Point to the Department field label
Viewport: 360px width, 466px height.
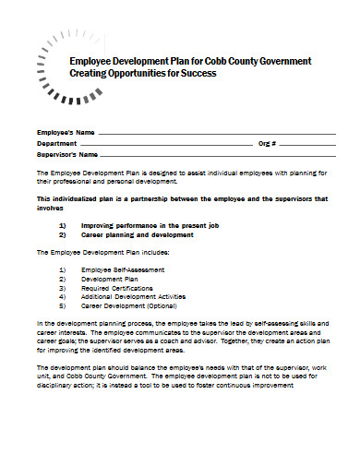coord(57,145)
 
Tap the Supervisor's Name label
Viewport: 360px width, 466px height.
coord(67,155)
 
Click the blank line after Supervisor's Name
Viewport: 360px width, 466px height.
coord(222,156)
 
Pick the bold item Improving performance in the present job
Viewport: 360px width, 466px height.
coord(148,225)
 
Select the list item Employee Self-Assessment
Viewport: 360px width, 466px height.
coord(123,269)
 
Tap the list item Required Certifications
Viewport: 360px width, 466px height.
coord(119,287)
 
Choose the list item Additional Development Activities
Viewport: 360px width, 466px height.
coord(134,296)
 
